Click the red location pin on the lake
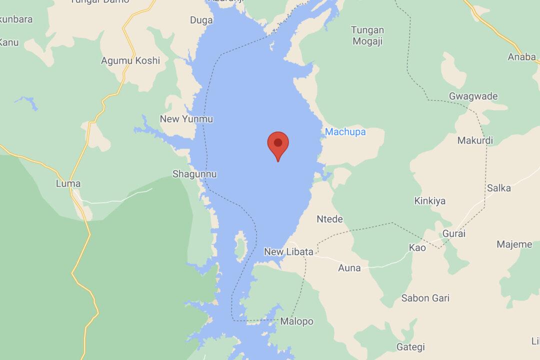(278, 144)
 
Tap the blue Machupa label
(345, 132)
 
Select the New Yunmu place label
(186, 119)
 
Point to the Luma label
(68, 184)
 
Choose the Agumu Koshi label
(130, 61)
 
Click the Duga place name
(201, 20)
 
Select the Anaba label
(522, 56)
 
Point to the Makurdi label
(475, 140)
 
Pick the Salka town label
(498, 188)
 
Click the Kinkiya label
(429, 201)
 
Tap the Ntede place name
(330, 218)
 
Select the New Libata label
(288, 252)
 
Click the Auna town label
(349, 268)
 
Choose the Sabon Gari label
(425, 298)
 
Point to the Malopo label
(296, 321)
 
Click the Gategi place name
(410, 347)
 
